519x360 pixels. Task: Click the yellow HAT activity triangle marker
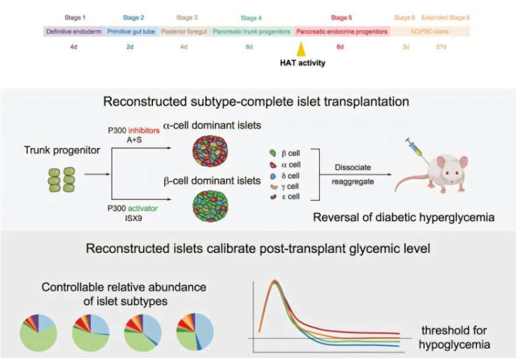point(301,49)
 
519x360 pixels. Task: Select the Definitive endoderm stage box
point(74,31)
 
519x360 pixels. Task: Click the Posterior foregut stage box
point(184,31)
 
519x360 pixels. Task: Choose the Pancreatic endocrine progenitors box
point(342,31)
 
